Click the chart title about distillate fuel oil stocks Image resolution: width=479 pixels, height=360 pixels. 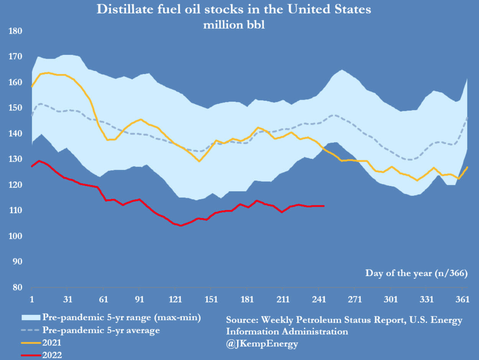(x=234, y=9)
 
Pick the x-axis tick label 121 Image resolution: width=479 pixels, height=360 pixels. (x=175, y=299)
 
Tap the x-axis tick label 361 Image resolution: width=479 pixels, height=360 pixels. (x=462, y=299)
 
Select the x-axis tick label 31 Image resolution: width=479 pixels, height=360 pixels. (x=67, y=299)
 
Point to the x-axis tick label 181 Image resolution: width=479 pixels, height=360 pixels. (x=247, y=299)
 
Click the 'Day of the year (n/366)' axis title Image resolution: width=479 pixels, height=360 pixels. (x=416, y=273)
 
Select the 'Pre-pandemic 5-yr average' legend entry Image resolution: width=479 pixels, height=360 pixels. (x=101, y=330)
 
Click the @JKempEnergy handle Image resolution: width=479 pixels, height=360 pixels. (x=262, y=344)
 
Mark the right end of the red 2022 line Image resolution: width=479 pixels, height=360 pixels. (x=324, y=206)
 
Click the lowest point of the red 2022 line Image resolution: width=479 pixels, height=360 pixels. (x=180, y=226)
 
